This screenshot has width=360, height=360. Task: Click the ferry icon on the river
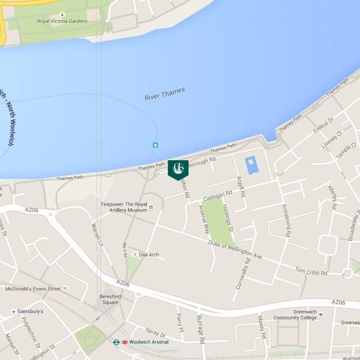155,144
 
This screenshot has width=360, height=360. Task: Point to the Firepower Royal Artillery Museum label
124,207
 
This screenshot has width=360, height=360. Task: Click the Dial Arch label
149,255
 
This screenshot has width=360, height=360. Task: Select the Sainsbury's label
30,311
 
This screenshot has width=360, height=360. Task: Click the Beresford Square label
109,299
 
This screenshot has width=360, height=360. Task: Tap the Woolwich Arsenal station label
148,342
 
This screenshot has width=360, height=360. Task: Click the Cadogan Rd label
217,195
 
